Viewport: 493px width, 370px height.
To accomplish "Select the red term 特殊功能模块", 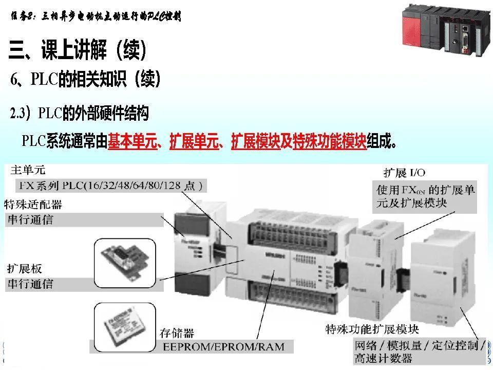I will pos(329,140).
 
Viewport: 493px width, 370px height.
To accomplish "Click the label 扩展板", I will pos(24,268).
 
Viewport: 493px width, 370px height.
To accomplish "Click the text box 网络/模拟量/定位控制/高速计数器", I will pos(419,351).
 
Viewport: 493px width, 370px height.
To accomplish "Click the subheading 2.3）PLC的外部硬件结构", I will pos(80,113).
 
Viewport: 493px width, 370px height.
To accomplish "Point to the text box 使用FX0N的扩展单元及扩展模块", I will pos(424,196).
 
